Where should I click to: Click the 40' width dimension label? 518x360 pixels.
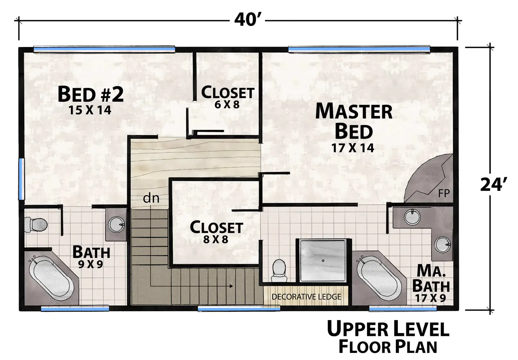coord(248,20)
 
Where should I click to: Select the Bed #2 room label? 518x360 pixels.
coord(90,94)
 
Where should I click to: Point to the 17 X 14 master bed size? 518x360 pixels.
coord(353,148)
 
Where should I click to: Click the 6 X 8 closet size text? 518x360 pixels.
coord(227,105)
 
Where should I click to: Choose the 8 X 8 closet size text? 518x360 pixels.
coord(215,239)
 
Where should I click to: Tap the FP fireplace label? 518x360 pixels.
coord(444,193)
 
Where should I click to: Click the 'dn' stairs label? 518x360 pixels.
coord(151,198)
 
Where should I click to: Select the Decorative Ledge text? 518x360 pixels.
coord(306,297)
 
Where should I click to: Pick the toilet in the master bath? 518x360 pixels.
coord(279,270)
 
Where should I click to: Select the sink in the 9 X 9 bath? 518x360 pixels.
coord(117,225)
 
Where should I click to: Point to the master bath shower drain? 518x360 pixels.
coord(323,260)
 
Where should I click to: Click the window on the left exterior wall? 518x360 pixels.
coord(21,179)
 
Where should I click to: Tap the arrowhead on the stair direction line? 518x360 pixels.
coord(231,286)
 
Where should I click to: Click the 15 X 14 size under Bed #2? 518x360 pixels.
coord(90,110)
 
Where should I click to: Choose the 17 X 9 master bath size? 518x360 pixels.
coord(430,298)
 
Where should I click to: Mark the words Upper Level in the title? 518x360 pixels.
coord(388,329)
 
